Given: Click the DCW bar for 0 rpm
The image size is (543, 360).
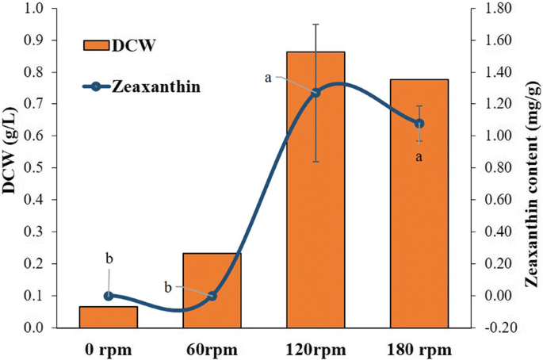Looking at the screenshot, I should pos(109,316).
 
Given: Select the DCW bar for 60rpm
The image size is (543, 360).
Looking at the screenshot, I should pos(212,290).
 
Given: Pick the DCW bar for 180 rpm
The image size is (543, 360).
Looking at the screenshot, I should pos(419,203).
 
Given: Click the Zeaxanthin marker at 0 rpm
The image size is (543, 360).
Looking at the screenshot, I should pos(109,296).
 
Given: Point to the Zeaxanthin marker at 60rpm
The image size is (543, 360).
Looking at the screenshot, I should pos(212,296).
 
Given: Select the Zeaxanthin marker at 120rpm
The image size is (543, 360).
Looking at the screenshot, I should pos(315,93).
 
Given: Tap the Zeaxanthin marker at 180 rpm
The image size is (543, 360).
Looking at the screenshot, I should pos(419,124).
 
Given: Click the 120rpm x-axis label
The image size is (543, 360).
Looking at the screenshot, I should pos(315,349).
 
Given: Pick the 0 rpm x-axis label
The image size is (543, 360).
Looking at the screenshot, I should pos(109,349).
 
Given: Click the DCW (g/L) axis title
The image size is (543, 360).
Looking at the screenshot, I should pos(12,167).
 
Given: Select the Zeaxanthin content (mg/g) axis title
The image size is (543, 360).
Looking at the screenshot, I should pos(530,167).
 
